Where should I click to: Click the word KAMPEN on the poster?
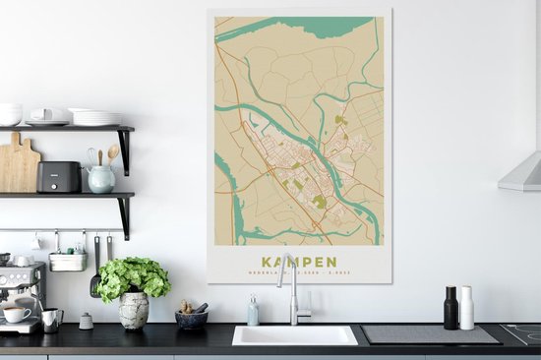pyautogui.click(x=301, y=262)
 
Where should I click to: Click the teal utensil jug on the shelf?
pyautogui.click(x=100, y=178)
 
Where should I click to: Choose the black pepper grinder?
pyautogui.click(x=451, y=309)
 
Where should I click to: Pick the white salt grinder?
pyautogui.click(x=466, y=309)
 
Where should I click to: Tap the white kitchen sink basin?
pyautogui.click(x=294, y=335)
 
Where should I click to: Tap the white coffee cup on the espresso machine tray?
pyautogui.click(x=16, y=314)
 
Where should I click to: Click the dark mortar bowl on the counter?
pyautogui.click(x=191, y=318)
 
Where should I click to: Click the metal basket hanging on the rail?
pyautogui.click(x=67, y=261)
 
